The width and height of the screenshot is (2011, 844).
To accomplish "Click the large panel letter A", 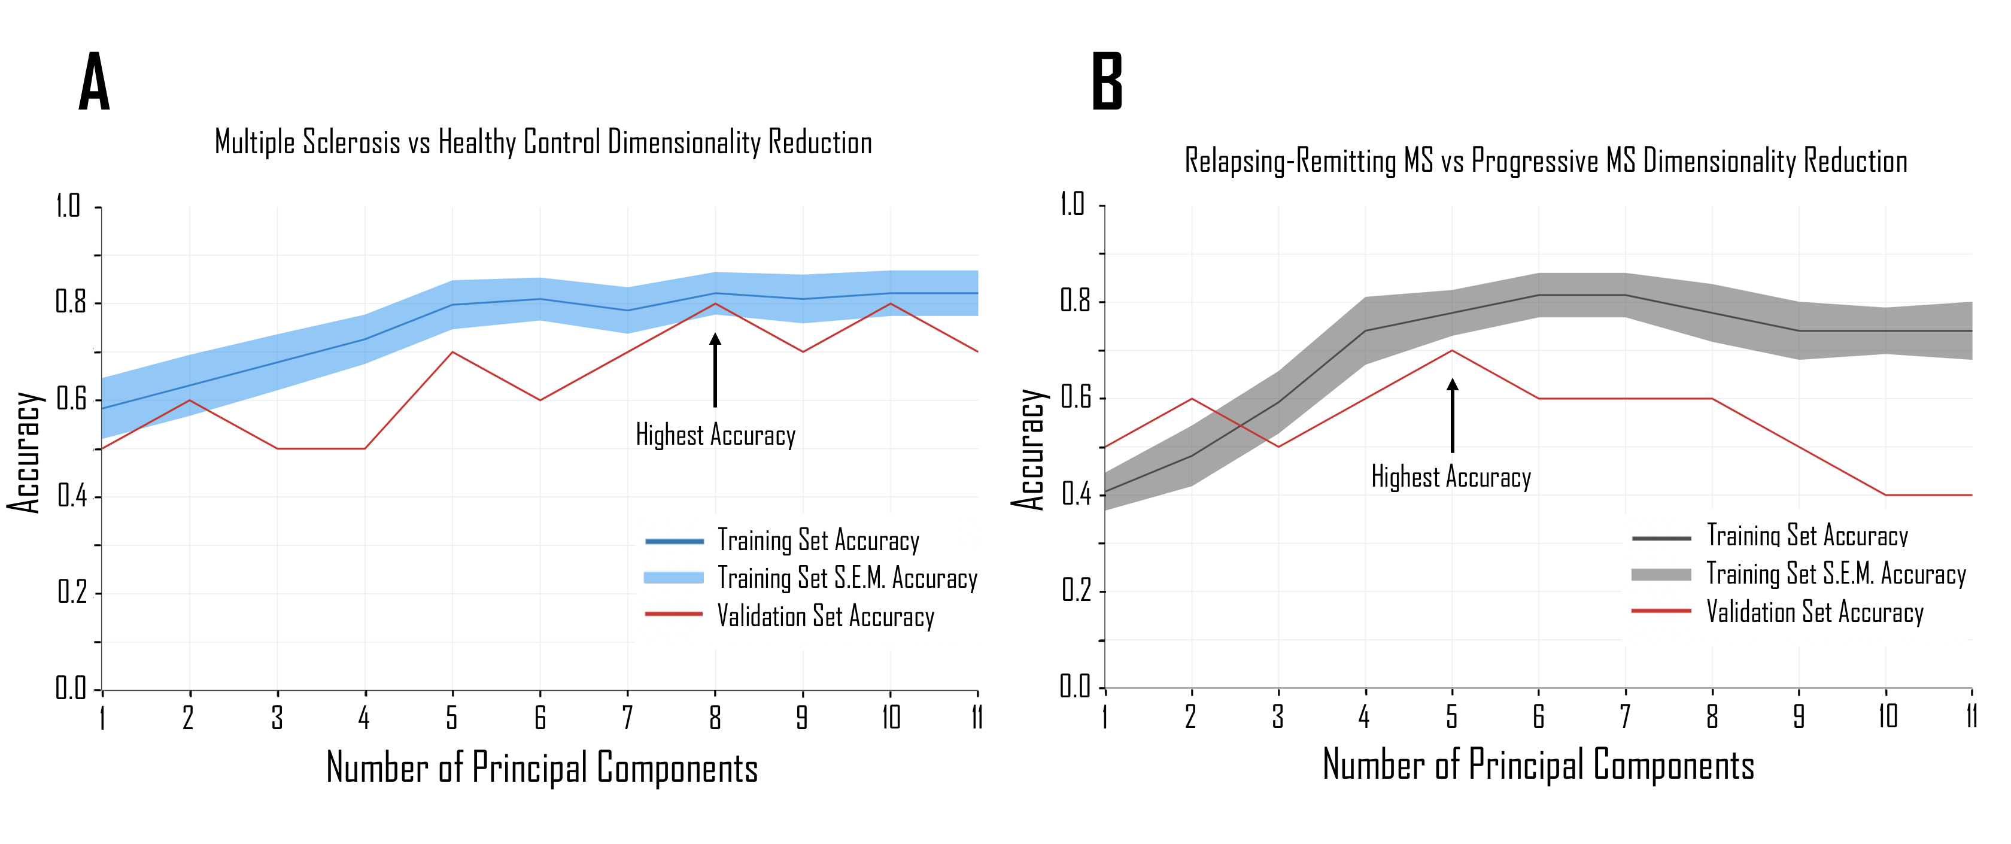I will (x=95, y=82).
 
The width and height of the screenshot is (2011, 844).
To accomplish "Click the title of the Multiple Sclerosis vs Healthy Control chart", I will (x=543, y=143).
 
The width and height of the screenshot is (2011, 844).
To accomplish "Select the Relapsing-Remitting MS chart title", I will (x=1546, y=162).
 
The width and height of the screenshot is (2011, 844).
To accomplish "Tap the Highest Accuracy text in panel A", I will (x=715, y=435).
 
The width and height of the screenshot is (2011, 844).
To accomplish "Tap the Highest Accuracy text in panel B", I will (x=1451, y=477).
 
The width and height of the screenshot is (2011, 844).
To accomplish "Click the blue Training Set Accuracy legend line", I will (x=675, y=541).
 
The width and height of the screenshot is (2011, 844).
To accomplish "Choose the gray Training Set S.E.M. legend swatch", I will (x=1661, y=575).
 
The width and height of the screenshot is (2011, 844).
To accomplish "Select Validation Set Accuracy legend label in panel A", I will (x=826, y=616).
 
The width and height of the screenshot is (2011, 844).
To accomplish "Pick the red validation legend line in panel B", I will (x=1661, y=611).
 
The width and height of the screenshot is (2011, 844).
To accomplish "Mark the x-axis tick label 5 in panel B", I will (x=1452, y=716).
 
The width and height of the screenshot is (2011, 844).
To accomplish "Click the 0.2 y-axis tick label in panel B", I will (x=1075, y=591).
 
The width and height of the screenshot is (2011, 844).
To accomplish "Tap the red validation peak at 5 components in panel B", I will (x=1452, y=351).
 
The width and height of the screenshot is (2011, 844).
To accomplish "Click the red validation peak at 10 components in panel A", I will (x=891, y=303).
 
